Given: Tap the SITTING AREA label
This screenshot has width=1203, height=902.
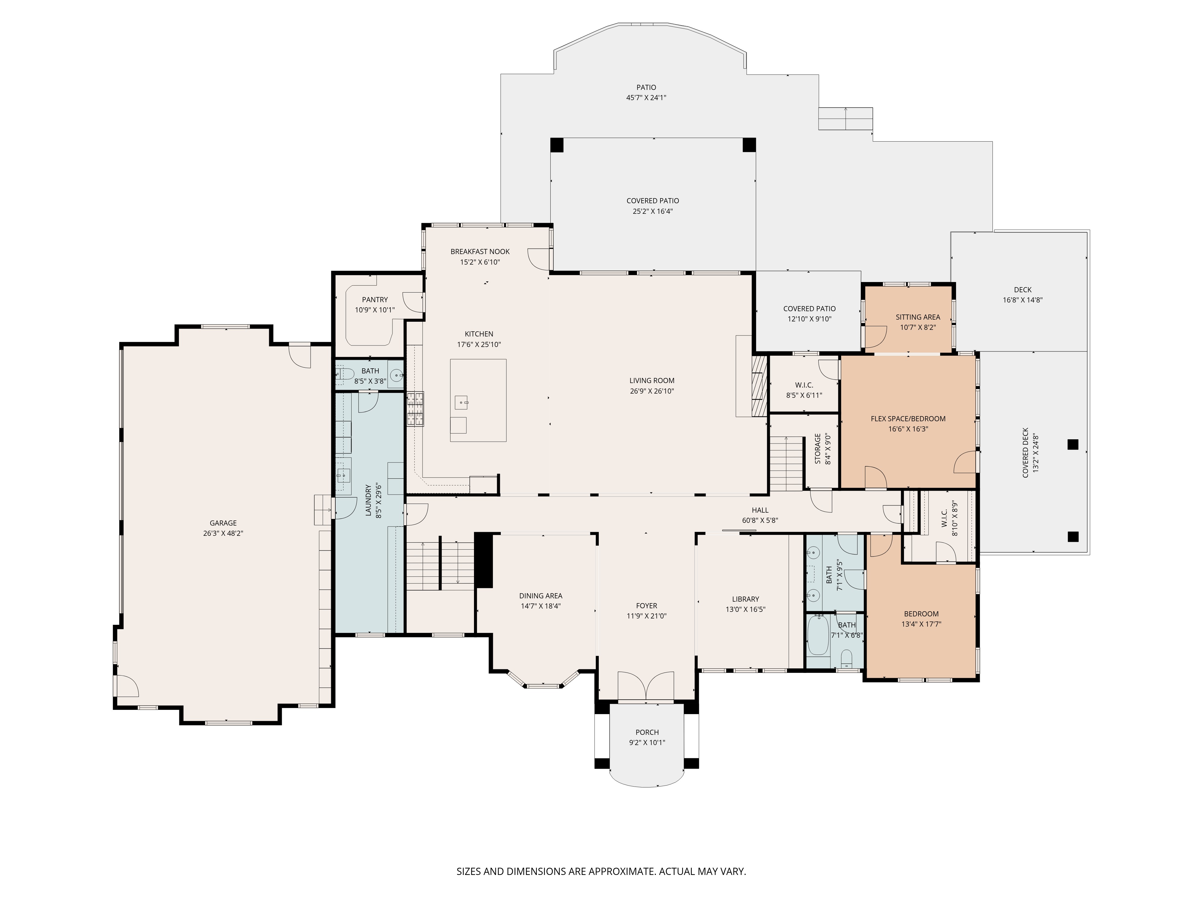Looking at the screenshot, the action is pos(918,317).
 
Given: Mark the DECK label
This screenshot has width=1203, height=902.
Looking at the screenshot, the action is pos(1023,290).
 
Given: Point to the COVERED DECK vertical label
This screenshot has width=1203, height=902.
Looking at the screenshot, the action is pos(1025,453).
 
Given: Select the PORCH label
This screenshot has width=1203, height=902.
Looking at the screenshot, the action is pos(647,732).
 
